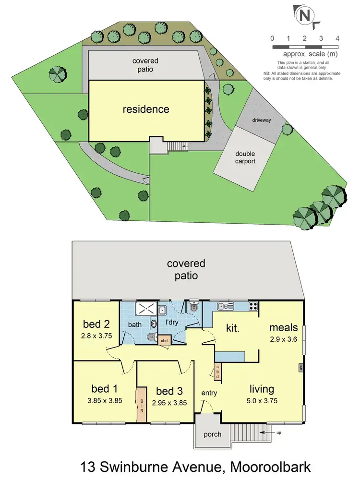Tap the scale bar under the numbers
pos(305,47)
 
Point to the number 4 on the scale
pos(338,38)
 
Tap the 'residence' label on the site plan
pos(146,109)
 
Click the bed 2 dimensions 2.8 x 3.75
pos(97,336)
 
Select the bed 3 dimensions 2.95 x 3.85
pos(169,403)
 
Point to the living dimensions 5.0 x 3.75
pos(262,400)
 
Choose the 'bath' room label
pos(134,325)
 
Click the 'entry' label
pos(210,393)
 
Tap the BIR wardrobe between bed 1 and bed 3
pos(142,404)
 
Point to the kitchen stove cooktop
pos(253,305)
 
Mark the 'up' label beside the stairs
pos(278,432)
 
